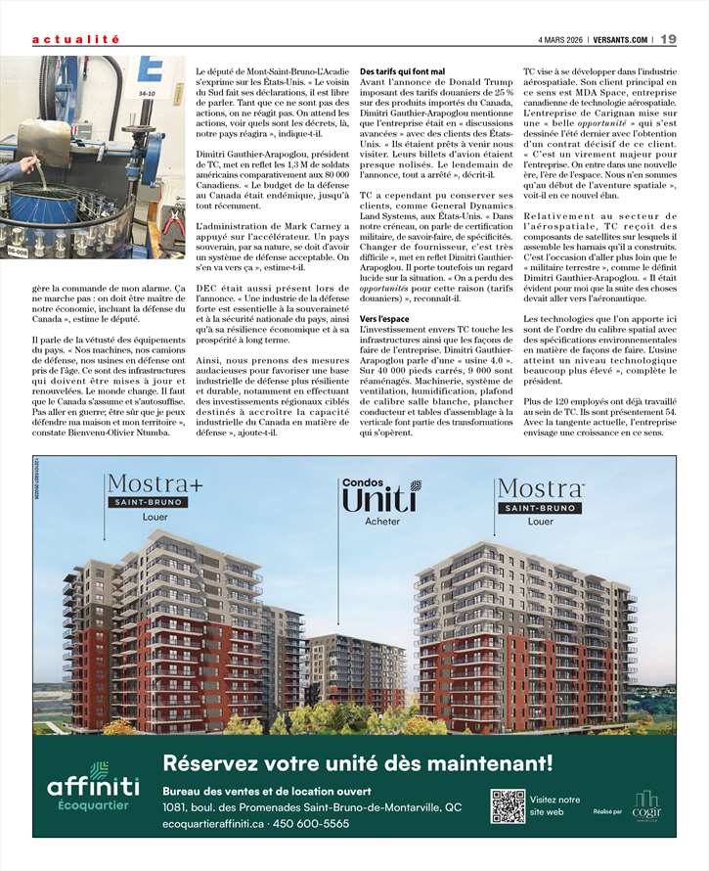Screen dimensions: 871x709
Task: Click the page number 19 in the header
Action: pos(668,40)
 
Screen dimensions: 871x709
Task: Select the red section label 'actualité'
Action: pos(75,40)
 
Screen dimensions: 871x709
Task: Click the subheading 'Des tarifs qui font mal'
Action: pos(402,72)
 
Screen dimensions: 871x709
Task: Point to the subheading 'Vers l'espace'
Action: pos(384,320)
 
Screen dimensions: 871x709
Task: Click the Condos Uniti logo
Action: pos(381,496)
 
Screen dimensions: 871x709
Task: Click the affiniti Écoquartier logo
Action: pos(93,788)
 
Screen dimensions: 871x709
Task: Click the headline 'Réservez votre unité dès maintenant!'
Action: pos(357,762)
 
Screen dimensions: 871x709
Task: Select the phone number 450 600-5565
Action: pos(311,824)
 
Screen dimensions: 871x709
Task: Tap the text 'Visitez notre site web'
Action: pos(554,805)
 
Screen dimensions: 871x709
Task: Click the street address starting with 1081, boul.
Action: pos(312,807)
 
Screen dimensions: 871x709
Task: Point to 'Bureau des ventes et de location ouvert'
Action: pos(266,791)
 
